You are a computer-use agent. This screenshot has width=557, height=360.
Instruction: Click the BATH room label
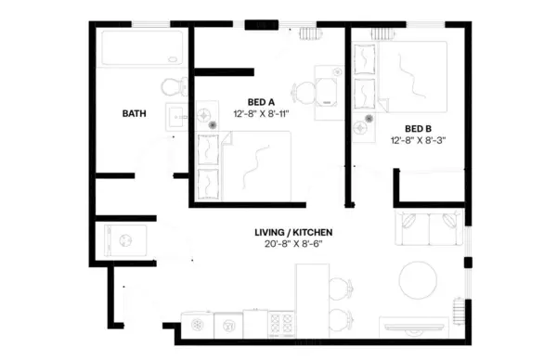pos(135,114)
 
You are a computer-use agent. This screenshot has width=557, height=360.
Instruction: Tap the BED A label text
pos(261,101)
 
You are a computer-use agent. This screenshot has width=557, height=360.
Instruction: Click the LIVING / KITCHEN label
pos(293,232)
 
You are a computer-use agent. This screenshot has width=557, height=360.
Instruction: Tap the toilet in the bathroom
pos(173,88)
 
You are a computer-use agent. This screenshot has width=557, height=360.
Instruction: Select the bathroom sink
pos(176,117)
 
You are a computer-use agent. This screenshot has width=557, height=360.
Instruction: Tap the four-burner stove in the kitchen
pos(281,324)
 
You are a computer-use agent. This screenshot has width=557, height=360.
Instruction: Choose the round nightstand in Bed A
pos(214,122)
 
